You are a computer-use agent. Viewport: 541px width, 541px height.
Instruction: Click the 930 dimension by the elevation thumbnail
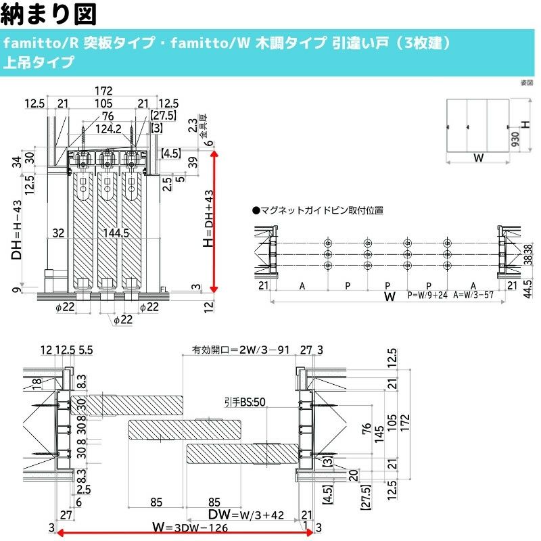click(515, 138)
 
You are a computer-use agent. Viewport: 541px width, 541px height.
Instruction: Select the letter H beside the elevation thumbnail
click(525, 125)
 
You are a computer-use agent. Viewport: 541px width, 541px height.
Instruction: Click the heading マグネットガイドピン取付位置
click(317, 210)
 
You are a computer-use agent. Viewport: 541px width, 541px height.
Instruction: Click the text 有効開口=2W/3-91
click(241, 350)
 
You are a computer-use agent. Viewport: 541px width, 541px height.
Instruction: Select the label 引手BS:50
click(245, 402)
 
